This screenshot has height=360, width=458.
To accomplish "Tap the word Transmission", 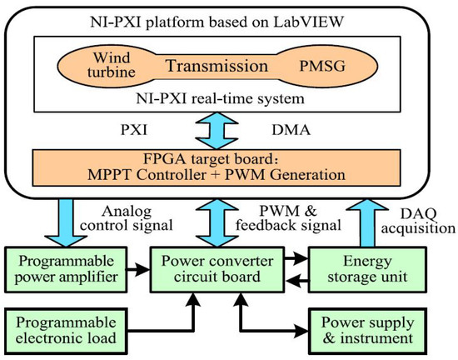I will point(226,64).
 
